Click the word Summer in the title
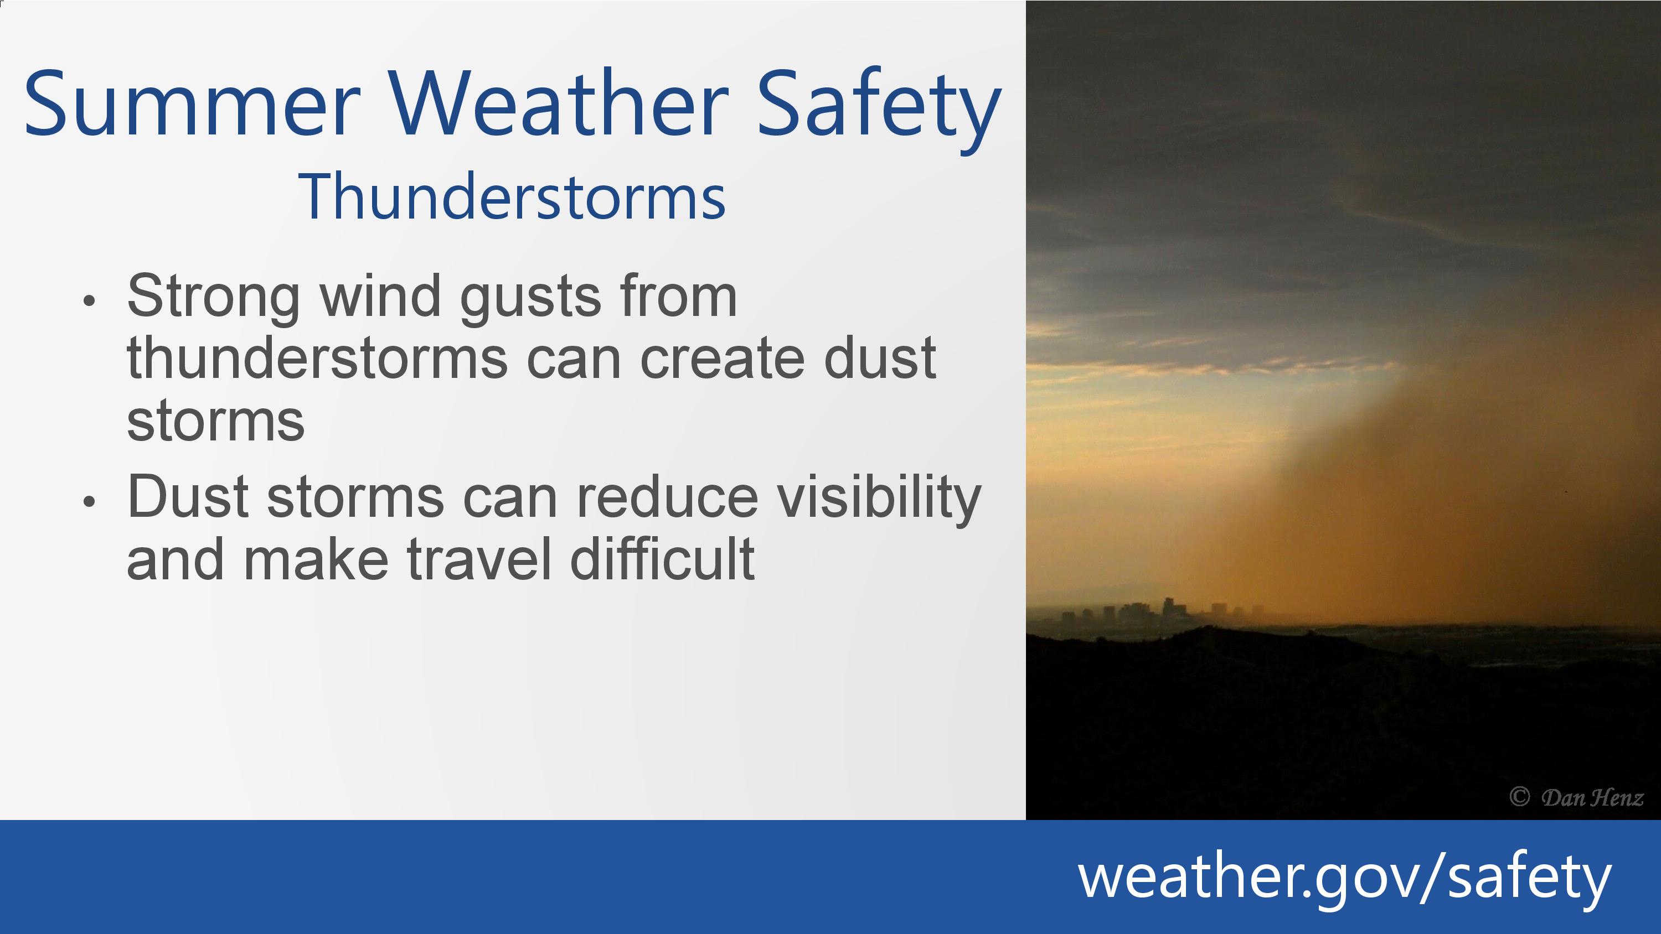(x=192, y=104)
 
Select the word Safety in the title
(x=879, y=110)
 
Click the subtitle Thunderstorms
(x=512, y=196)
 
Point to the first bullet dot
(x=89, y=300)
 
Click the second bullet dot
(x=89, y=501)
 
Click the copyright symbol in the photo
(x=1519, y=797)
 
